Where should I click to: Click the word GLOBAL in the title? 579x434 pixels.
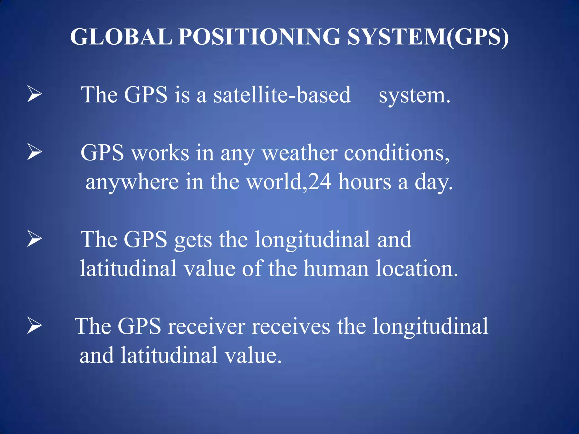click(x=121, y=37)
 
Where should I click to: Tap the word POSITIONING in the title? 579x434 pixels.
click(x=259, y=37)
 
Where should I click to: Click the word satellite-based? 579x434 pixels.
click(x=282, y=95)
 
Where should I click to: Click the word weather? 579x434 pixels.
click(x=300, y=153)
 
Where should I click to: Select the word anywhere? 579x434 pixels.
click(x=132, y=182)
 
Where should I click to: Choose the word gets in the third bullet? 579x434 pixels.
click(x=193, y=240)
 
